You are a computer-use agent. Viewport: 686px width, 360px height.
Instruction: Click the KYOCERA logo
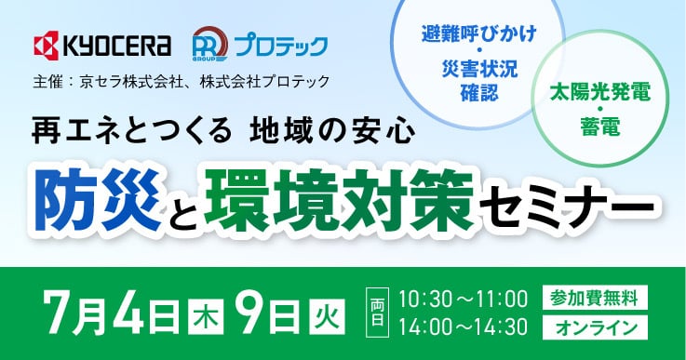(x=101, y=46)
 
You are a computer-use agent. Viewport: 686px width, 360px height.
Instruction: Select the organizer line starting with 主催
(x=181, y=81)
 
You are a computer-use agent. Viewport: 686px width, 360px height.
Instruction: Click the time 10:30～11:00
(x=463, y=299)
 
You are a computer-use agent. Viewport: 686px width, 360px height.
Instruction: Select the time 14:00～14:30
(x=463, y=327)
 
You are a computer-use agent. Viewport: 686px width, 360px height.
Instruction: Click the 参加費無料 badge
(x=592, y=298)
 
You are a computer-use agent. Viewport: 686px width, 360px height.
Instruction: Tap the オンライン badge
(x=592, y=327)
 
